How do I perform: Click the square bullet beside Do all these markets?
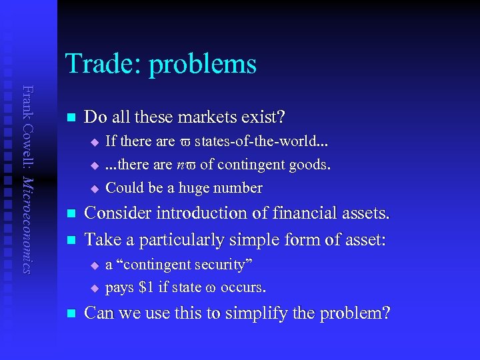(70, 119)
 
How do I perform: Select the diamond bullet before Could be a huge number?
(94, 189)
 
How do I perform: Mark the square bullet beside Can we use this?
(70, 313)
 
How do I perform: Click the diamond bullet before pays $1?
(94, 289)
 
